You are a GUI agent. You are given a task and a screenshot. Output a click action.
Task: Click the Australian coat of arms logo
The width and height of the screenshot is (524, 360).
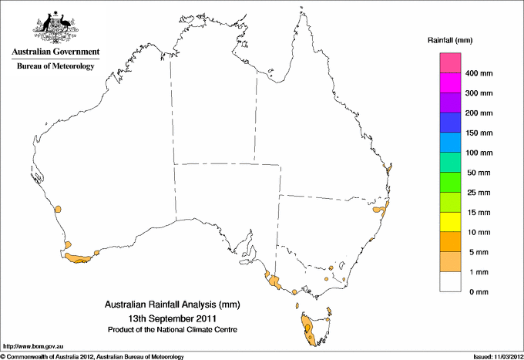[55, 25]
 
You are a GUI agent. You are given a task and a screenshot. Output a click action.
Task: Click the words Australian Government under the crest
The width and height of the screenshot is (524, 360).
[55, 52]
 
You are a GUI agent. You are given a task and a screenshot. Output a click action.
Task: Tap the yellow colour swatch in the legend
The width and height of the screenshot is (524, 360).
[451, 222]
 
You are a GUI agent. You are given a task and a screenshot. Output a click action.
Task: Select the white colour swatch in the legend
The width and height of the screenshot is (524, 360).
[451, 282]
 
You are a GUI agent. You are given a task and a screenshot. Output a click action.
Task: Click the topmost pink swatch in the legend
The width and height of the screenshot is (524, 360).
[451, 62]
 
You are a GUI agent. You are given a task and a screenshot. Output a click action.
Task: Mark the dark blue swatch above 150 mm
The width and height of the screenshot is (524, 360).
[451, 123]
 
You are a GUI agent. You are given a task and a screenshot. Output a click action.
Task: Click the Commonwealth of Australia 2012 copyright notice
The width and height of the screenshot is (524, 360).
[92, 356]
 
